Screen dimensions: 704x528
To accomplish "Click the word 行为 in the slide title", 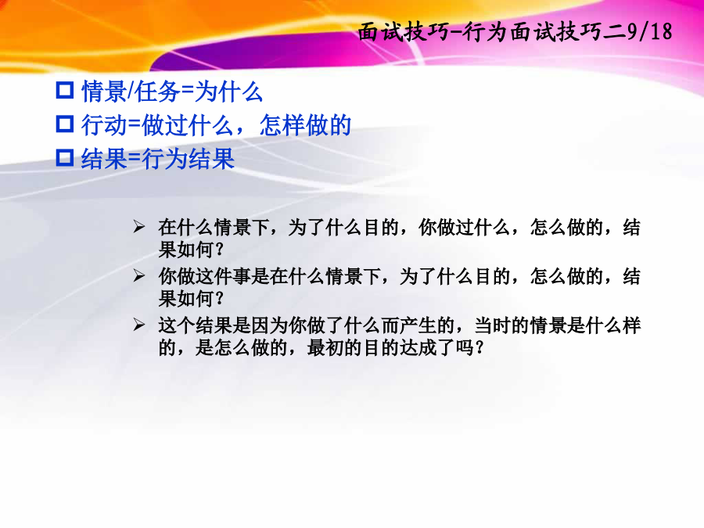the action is click(x=485, y=32).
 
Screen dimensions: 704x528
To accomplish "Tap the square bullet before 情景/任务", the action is click(x=65, y=90).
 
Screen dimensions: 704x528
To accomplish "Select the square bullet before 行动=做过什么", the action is click(x=65, y=124).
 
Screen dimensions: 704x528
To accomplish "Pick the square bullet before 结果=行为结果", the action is click(x=65, y=157).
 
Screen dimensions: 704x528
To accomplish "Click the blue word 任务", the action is click(x=157, y=92).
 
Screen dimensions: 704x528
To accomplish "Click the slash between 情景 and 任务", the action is click(x=131, y=92).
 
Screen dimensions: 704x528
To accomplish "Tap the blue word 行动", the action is click(x=104, y=125).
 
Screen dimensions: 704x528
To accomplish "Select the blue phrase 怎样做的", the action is click(x=305, y=125).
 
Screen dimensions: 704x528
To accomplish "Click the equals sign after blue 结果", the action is click(x=134, y=160).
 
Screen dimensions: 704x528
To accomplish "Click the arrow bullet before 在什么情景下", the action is click(x=138, y=227).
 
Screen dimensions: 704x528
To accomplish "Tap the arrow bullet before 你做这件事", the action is click(x=138, y=275).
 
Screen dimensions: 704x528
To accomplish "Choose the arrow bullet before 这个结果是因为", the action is click(x=138, y=325).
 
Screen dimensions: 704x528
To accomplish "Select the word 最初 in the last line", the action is click(x=325, y=347).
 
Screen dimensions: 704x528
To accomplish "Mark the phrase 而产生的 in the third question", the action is click(x=418, y=325).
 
